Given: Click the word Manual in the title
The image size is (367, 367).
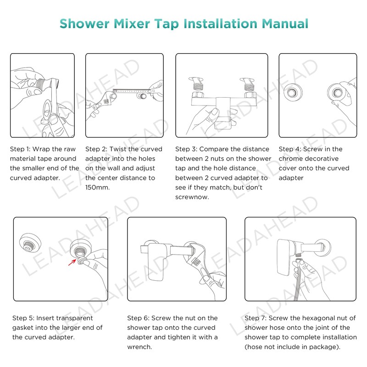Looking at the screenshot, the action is pyautogui.click(x=285, y=24).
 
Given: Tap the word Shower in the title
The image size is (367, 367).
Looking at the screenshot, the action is pyautogui.click(x=84, y=24).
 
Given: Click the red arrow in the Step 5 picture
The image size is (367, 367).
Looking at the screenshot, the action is pyautogui.click(x=72, y=262).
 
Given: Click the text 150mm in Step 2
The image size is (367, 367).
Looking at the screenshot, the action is pyautogui.click(x=97, y=187).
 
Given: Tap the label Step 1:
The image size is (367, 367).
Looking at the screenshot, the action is pyautogui.click(x=20, y=149).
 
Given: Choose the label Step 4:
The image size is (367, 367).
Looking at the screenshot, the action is pyautogui.click(x=290, y=149).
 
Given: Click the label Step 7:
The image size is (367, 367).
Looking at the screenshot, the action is pyautogui.click(x=256, y=318).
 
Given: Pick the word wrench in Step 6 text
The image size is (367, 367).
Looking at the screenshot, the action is pyautogui.click(x=139, y=347).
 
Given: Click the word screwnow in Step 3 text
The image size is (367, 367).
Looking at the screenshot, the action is pyautogui.click(x=192, y=197).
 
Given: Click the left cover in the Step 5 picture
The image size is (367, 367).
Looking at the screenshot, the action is pyautogui.click(x=30, y=243).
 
